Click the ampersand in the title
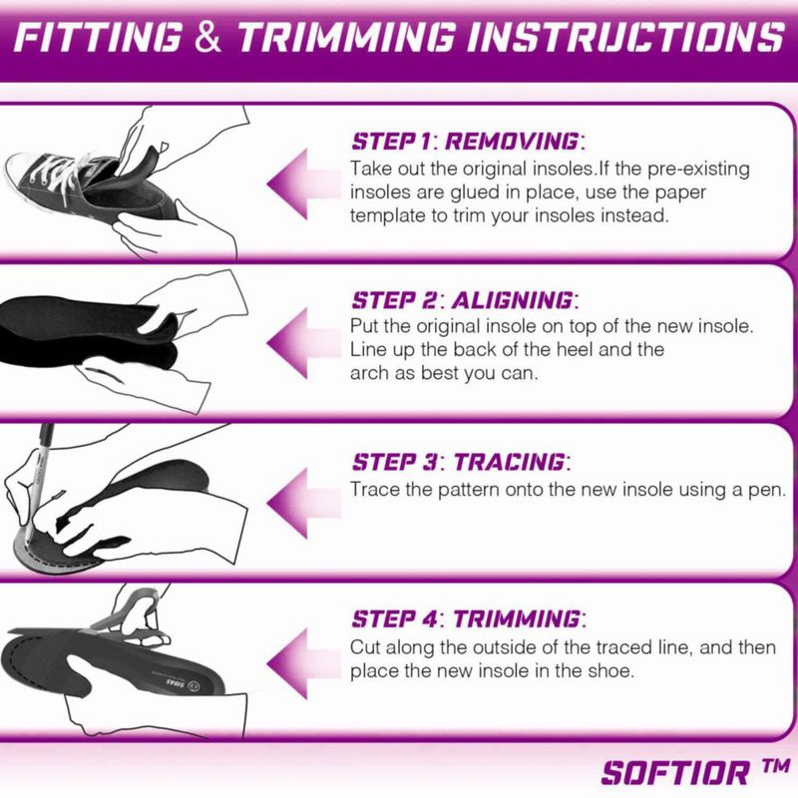208,37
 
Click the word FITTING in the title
98,37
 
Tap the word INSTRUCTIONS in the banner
625,37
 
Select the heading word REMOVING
512,142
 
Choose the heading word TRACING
510,462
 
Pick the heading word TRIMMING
517,618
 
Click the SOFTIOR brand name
675,773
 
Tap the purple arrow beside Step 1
304,184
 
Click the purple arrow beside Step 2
304,343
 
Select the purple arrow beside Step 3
304,503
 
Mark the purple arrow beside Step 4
304,662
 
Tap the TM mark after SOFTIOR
776,766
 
